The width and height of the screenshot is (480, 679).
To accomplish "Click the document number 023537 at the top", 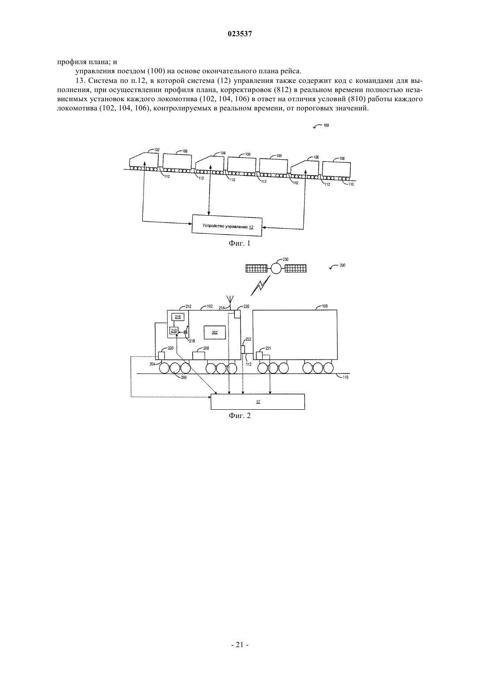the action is (x=240, y=34).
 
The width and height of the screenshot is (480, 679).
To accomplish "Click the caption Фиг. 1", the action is (x=240, y=243).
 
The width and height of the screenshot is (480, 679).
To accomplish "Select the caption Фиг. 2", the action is (x=240, y=415).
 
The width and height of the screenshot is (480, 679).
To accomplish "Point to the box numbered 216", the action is (x=178, y=317).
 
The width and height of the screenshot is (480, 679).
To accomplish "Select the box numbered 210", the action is (x=174, y=331).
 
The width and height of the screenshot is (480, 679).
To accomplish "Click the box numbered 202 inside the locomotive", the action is (x=215, y=333).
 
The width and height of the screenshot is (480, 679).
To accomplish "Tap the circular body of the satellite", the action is (x=276, y=268).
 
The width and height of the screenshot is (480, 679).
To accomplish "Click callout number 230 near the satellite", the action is (x=285, y=260).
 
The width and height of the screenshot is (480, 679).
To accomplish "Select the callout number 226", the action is (x=247, y=306).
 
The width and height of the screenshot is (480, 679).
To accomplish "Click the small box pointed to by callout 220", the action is (x=161, y=355).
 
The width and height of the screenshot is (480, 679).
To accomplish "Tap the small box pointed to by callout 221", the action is (x=259, y=355).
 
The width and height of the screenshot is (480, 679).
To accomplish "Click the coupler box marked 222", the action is (x=243, y=349).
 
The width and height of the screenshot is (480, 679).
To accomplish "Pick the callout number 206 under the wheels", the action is (x=184, y=377).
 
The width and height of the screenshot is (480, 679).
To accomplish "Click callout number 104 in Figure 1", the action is (x=223, y=153).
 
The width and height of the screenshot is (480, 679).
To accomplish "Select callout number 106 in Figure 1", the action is (x=316, y=158).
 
